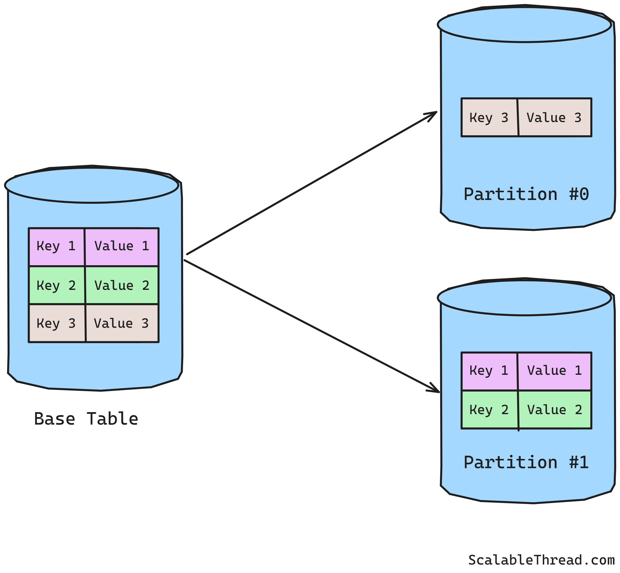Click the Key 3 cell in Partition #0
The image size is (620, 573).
489,118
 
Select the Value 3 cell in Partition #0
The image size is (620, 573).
554,118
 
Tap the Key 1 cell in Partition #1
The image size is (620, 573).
489,371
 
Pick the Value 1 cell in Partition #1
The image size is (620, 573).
554,371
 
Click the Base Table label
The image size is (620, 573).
86,419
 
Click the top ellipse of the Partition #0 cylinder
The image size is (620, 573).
524,25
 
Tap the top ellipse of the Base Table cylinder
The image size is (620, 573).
91,186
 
